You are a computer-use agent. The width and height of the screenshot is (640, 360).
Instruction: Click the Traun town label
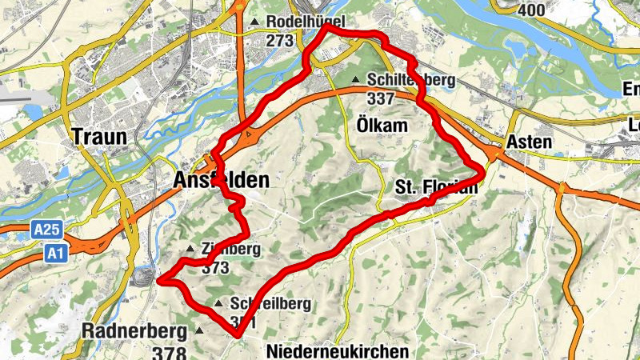click(x=99, y=136)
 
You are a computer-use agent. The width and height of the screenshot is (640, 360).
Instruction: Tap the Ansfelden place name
click(x=221, y=181)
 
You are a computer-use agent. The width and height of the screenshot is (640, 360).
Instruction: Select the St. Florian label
click(x=437, y=187)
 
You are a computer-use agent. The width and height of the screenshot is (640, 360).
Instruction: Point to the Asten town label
click(x=529, y=142)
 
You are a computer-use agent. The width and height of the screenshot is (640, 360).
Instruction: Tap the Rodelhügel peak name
click(x=294, y=21)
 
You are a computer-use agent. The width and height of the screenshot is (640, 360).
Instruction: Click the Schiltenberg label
click(x=411, y=80)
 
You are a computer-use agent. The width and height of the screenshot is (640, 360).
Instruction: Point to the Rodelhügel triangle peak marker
click(x=255, y=21)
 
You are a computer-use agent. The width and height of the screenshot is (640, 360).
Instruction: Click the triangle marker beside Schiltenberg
click(x=356, y=79)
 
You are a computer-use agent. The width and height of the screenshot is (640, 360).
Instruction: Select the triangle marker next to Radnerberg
click(x=199, y=330)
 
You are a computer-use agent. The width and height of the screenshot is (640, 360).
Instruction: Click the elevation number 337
click(x=382, y=98)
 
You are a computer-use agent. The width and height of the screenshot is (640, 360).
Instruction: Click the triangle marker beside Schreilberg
click(x=218, y=303)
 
